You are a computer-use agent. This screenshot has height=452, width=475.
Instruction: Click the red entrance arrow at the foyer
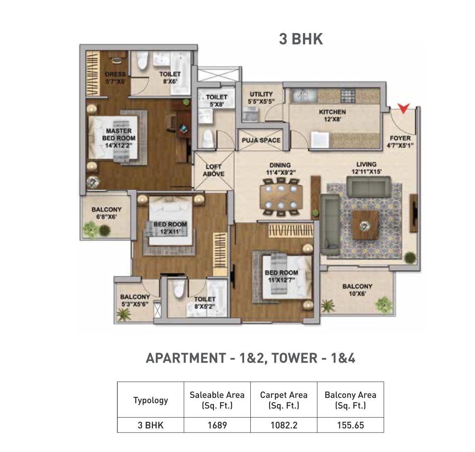point(404,108)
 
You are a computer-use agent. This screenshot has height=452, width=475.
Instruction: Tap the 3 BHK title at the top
point(301,39)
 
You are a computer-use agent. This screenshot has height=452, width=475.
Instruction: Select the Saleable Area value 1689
point(217,425)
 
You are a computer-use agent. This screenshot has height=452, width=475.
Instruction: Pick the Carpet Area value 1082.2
point(284,425)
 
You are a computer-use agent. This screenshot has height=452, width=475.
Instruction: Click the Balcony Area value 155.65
point(350,425)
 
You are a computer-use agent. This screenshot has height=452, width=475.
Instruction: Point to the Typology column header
point(150,400)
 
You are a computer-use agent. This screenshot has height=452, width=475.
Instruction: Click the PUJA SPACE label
point(261,140)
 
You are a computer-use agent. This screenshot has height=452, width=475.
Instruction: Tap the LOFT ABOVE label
point(213,170)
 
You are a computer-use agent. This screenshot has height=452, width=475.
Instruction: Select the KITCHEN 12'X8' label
point(332,115)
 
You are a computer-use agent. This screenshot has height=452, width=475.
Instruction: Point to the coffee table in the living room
point(365,225)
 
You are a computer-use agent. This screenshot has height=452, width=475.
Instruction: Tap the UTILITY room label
point(261,97)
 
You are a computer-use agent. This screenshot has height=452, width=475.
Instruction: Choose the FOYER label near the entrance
point(400,142)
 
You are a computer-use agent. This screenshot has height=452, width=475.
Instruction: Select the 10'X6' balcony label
point(357,290)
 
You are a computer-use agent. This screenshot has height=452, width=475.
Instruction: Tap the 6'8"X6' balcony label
point(107,213)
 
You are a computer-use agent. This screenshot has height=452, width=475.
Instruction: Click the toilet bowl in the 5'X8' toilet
point(206,138)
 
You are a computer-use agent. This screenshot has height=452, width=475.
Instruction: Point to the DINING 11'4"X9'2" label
point(280,168)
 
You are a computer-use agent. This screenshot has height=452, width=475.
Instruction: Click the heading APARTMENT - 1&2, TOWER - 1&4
point(250,358)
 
